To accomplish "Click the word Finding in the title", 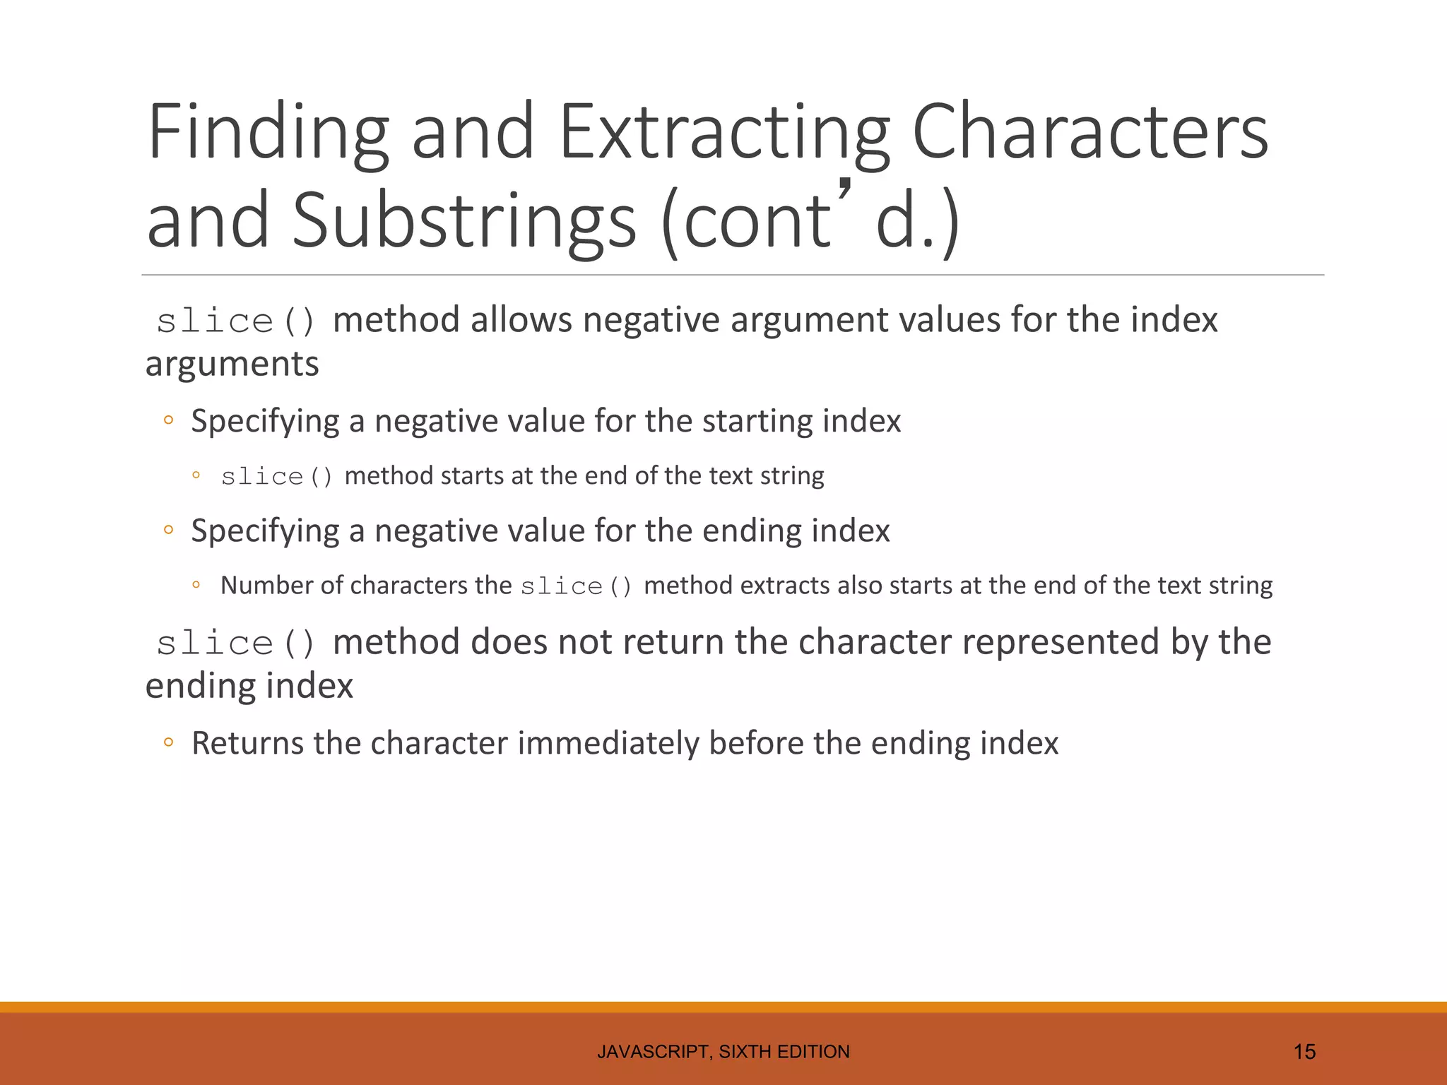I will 268,133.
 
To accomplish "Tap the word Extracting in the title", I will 724,133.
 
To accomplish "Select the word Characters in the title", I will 1090,131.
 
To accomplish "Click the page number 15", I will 1304,1052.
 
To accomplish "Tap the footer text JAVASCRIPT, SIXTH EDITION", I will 723,1052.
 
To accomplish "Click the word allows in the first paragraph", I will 521,319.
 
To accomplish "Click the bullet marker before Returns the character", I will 168,742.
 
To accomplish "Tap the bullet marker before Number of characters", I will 196,585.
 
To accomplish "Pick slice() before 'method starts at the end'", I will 276,477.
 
